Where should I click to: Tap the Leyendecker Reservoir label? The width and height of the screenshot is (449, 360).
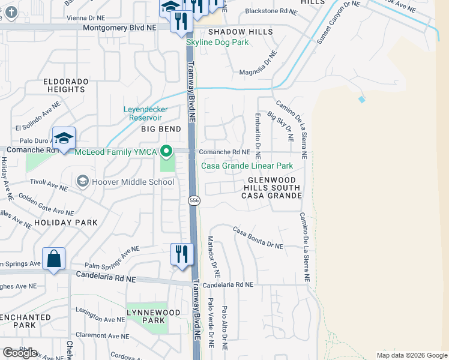point(145,113)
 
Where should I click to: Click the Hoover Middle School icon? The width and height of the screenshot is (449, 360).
point(82,181)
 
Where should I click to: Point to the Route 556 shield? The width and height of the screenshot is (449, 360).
point(193,200)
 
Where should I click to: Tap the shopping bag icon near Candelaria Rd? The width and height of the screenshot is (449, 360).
point(53,259)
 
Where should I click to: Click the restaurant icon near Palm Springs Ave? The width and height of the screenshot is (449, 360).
point(181,254)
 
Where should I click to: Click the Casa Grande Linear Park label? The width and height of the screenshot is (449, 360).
point(247,166)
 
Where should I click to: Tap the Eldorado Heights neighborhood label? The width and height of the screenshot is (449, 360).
point(65,85)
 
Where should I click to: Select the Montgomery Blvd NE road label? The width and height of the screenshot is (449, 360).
point(120,28)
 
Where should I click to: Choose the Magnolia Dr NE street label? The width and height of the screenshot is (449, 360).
point(258,66)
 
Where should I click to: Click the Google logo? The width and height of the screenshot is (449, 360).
point(20,353)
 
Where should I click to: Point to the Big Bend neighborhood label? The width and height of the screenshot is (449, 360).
point(161,129)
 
